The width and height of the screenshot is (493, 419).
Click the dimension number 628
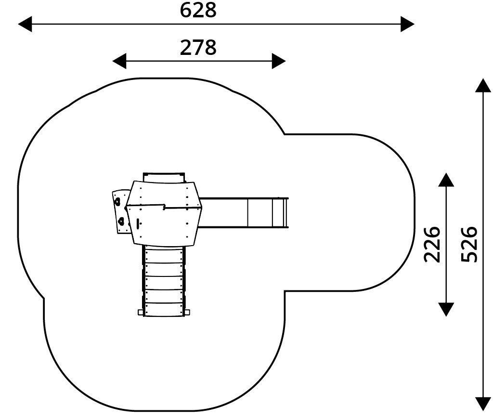tap(198, 10)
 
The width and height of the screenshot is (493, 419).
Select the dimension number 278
tap(198, 48)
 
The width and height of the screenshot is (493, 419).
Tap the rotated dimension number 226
tap(432, 244)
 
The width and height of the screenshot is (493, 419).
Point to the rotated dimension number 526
tap(469, 244)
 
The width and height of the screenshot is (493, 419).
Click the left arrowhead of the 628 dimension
tap(25, 24)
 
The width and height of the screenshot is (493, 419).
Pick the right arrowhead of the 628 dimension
tap(407, 24)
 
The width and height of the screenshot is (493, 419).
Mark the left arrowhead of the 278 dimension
tap(119, 61)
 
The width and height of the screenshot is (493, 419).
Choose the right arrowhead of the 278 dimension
tap(279, 61)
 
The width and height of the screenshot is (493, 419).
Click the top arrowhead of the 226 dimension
tap(446, 180)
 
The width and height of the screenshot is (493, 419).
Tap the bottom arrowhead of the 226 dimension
tap(446, 309)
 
